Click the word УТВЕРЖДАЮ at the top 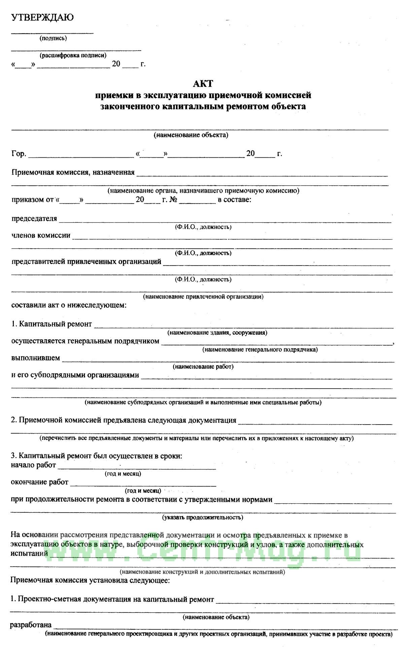[x=42, y=18]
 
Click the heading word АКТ [x=203, y=83]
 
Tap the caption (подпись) [x=53, y=38]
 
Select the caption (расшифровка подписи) [x=73, y=55]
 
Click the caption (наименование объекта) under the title [x=191, y=135]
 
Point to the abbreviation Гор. [x=19, y=154]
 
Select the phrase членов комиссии [x=41, y=235]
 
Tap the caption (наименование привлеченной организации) [x=203, y=297]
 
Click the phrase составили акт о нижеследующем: [x=69, y=305]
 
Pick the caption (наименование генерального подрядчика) [x=260, y=349]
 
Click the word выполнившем [x=36, y=358]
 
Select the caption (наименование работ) [x=203, y=366]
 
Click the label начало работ [x=33, y=465]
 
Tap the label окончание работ [x=39, y=482]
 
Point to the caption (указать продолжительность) [x=203, y=517]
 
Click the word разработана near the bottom [x=31, y=625]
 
